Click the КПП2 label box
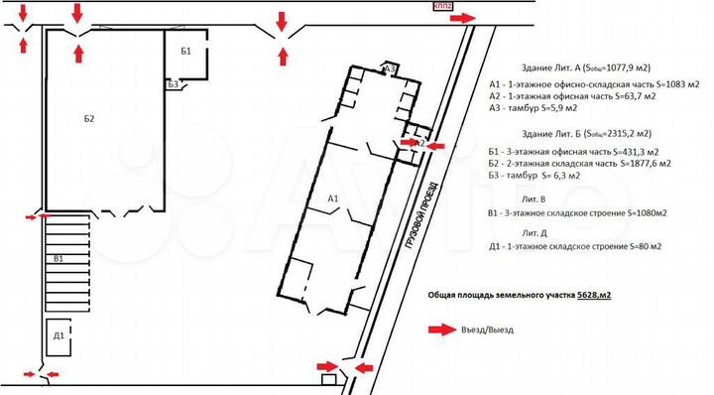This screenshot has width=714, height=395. pos(442,6)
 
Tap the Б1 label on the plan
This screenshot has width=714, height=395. pos(186,50)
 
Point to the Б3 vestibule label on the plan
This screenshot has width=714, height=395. pos(173,85)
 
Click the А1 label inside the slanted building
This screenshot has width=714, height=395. pos(333,199)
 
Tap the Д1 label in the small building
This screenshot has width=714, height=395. pos(59,335)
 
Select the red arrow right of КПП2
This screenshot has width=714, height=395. pos(467,16)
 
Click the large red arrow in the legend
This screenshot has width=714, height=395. pos(438,330)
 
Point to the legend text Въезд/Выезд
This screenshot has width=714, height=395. pos(487,330)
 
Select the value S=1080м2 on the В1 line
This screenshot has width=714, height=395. pos(639,212)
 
